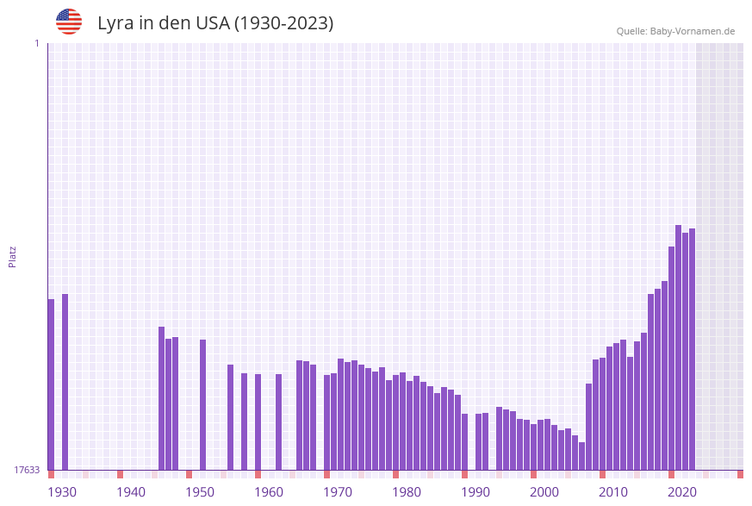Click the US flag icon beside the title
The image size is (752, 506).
[x=69, y=22]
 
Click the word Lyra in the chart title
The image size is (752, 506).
[x=116, y=23]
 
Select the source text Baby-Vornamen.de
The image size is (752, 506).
[x=693, y=31]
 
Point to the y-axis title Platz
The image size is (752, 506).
[x=13, y=256]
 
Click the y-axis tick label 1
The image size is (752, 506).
[x=36, y=43]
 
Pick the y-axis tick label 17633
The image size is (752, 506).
[x=26, y=470]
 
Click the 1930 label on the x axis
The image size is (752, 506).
[x=62, y=492]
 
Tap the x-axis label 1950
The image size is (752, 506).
[x=200, y=492]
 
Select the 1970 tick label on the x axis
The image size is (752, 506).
[x=338, y=492]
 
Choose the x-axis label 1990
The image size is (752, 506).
[x=475, y=492]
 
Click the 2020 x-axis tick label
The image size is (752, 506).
[x=682, y=492]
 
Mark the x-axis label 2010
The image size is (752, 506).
[x=613, y=492]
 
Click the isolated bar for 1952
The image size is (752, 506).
[x=202, y=404]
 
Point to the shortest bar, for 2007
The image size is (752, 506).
[x=581, y=456]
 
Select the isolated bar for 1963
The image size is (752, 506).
[x=278, y=422]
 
